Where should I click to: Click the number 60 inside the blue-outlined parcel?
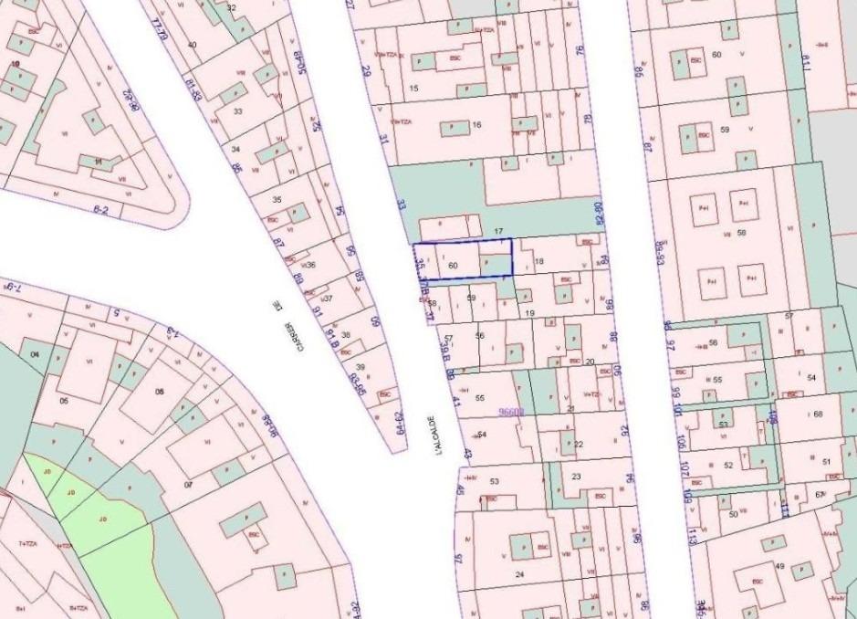click(x=453, y=264)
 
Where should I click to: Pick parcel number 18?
click(x=538, y=262)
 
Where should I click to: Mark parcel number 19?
click(x=530, y=312)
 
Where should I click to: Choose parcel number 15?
click(x=414, y=88)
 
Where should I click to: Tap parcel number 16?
click(x=476, y=124)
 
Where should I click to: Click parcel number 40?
click(x=192, y=44)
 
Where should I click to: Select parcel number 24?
click(x=519, y=574)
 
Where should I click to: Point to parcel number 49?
click(x=779, y=566)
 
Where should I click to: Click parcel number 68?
click(x=817, y=414)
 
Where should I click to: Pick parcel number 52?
click(x=728, y=465)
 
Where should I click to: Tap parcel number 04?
click(x=37, y=353)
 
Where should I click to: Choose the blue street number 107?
click(x=685, y=471)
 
